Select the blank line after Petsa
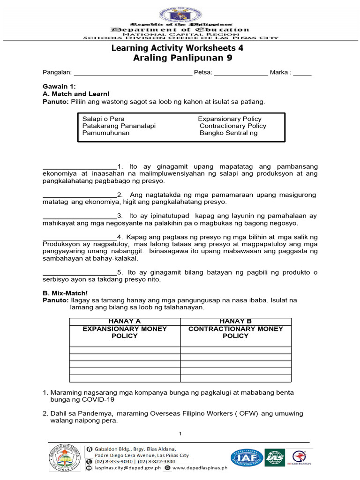[241, 73]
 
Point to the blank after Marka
[302, 73]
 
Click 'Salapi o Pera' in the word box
[104, 119]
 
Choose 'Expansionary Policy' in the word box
[230, 119]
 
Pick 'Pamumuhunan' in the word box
[106, 133]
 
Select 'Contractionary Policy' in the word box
[232, 126]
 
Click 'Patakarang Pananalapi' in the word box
[119, 126]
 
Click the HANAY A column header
[125, 321]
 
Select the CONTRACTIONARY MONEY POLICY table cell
[236, 332]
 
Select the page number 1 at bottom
[180, 433]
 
